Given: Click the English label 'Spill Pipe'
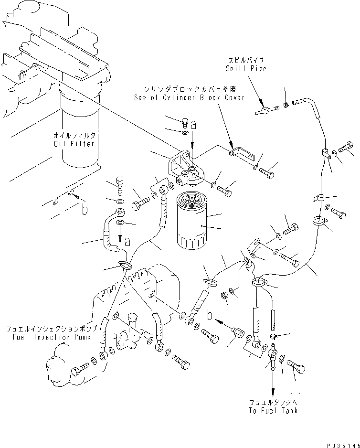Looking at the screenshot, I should [x=246, y=68].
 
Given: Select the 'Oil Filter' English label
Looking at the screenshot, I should [x=74, y=143].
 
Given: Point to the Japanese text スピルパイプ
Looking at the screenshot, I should [x=246, y=61].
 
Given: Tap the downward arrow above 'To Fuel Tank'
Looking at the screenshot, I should [x=273, y=387].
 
